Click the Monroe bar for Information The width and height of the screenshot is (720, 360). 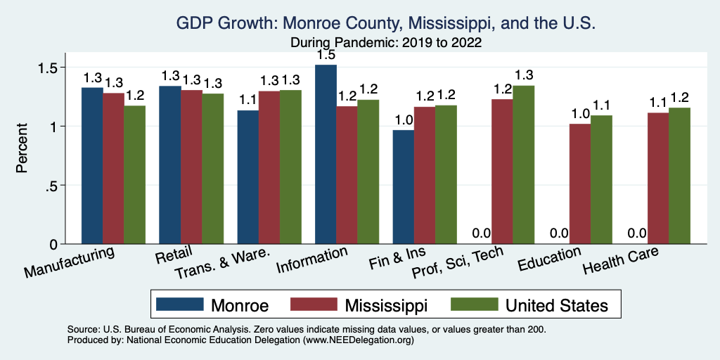326,154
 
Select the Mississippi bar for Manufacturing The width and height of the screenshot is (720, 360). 113,168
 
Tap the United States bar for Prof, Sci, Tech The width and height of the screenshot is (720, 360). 524,165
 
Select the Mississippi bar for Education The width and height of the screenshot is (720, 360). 579,184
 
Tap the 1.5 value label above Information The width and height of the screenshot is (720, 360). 326,55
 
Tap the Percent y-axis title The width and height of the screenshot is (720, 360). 23,149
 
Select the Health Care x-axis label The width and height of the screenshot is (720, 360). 623,263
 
